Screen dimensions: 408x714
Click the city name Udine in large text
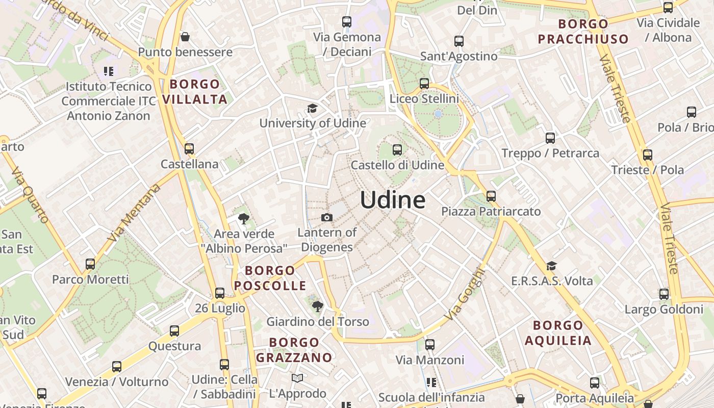pos(393,200)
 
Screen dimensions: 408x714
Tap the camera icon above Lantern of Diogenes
pos(327,218)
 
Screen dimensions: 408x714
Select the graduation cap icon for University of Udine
pos(312,108)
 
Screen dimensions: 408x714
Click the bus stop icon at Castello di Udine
pos(397,150)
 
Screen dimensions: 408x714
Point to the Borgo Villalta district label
pos(195,92)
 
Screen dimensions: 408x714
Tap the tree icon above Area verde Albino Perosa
pos(243,219)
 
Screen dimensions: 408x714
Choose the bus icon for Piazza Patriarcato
pos(491,196)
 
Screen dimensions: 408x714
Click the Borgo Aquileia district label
pos(558,333)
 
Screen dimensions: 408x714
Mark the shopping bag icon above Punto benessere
pos(185,37)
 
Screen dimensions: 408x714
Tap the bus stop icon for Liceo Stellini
pos(424,84)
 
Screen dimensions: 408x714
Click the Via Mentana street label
pos(134,213)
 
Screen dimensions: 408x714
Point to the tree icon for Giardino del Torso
pos(317,307)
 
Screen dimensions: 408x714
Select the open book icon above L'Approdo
pos(297,378)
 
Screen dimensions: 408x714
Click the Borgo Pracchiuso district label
pos(583,32)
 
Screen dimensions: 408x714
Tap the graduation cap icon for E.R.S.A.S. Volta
pos(551,266)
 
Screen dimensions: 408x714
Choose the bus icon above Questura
pos(174,331)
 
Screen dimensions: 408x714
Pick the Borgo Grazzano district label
pos(294,350)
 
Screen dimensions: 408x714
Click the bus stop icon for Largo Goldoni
pos(664,294)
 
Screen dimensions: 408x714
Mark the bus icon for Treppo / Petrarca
pos(550,138)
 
